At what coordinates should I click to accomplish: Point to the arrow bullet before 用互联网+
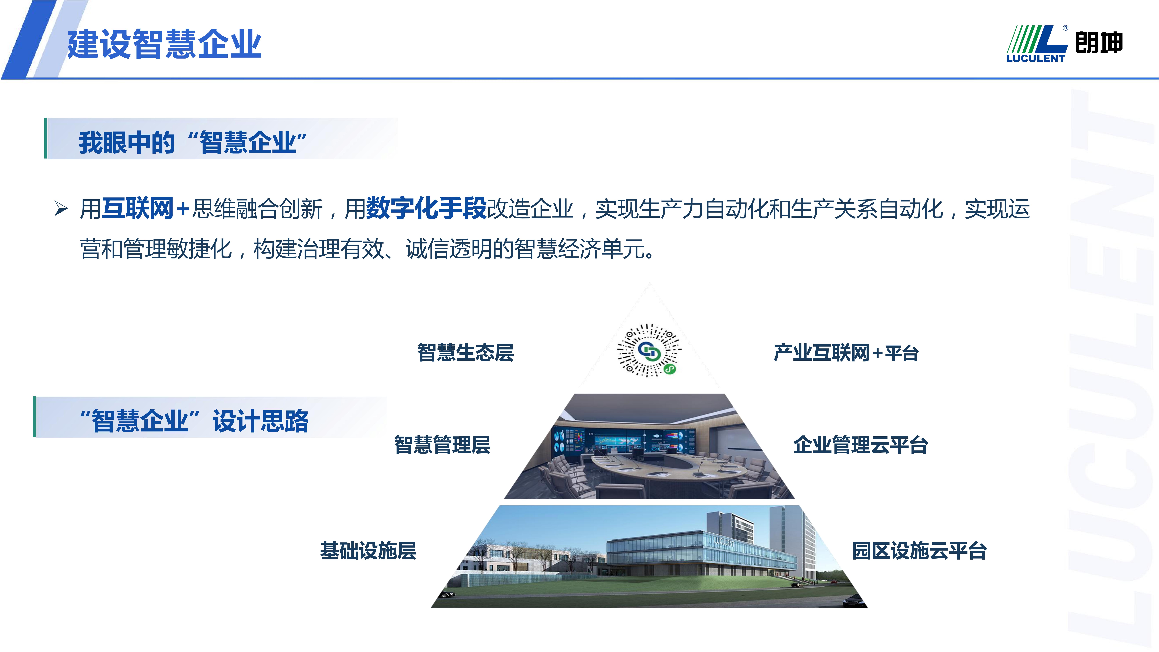tap(61, 209)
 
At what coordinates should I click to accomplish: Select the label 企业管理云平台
tap(860, 445)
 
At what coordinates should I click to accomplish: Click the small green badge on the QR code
tap(669, 369)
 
